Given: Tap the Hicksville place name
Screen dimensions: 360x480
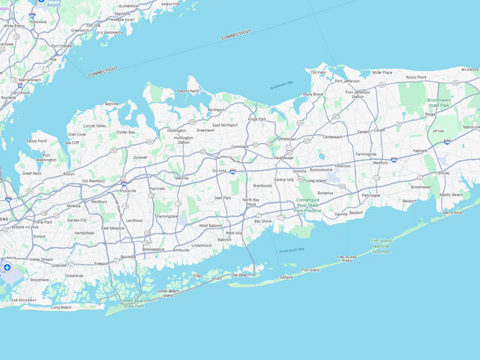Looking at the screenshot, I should (127, 190).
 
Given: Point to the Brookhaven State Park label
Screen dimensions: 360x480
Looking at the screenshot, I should (443, 103).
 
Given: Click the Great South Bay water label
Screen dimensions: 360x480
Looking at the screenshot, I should (292, 250).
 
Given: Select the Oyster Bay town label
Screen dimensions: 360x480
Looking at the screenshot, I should (125, 132).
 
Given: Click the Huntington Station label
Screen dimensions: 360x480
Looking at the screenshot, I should (183, 139).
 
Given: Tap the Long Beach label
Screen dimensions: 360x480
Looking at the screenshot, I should (61, 307).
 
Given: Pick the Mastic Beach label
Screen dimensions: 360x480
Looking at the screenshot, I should (451, 194).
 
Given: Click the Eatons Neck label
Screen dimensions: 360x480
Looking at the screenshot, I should (188, 91).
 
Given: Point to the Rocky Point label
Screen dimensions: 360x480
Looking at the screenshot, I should (421, 77).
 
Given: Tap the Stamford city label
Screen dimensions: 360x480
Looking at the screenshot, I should (122, 13).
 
